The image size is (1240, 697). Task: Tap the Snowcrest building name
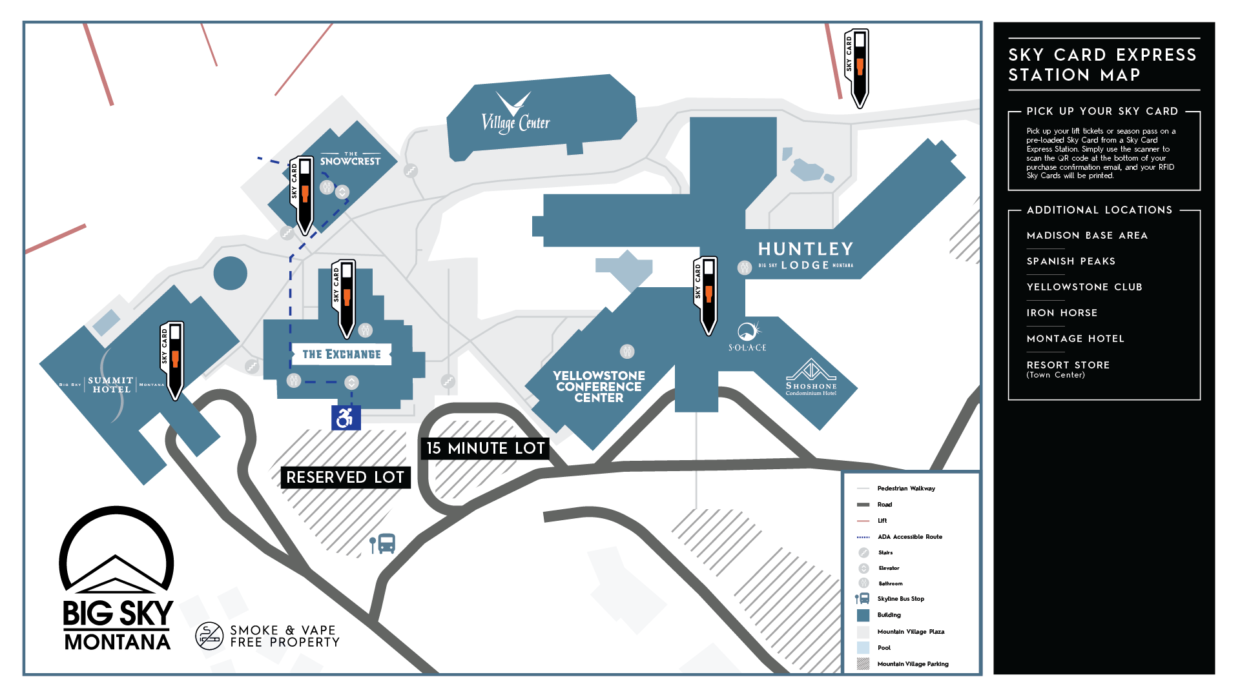(x=350, y=160)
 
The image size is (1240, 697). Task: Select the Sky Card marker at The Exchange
(x=344, y=297)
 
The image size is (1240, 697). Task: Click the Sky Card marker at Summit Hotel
(x=172, y=359)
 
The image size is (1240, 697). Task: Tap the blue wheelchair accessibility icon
(x=346, y=418)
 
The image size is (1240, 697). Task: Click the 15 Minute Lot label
(x=485, y=449)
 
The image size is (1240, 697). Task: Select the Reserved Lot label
(x=346, y=478)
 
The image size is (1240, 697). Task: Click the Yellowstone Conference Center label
(x=599, y=387)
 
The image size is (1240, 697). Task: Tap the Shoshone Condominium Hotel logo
(x=811, y=377)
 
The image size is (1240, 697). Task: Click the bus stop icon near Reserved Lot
(x=383, y=544)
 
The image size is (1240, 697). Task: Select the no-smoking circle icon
(x=209, y=636)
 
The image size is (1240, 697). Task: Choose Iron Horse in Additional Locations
(x=1062, y=313)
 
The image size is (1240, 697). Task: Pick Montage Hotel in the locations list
(x=1075, y=339)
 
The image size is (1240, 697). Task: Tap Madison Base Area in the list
(x=1087, y=236)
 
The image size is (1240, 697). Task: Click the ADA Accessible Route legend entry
(x=909, y=537)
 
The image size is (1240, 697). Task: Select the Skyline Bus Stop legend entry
(x=900, y=599)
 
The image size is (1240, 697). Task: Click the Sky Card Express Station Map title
(x=1102, y=65)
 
